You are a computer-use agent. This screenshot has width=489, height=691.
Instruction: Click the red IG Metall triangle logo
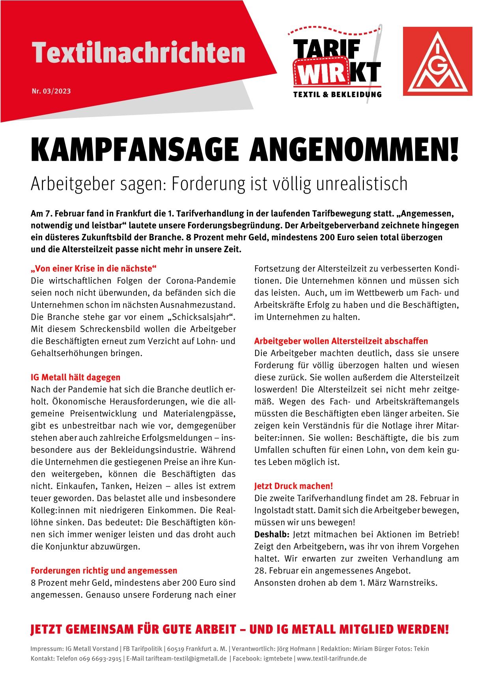(437, 61)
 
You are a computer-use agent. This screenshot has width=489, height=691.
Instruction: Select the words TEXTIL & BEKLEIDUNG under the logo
(337, 94)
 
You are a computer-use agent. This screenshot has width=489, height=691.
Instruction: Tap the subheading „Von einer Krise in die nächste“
(93, 269)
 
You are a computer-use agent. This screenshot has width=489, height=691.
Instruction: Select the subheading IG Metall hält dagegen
(75, 377)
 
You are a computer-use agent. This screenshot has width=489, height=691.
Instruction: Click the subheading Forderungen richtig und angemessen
(104, 570)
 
